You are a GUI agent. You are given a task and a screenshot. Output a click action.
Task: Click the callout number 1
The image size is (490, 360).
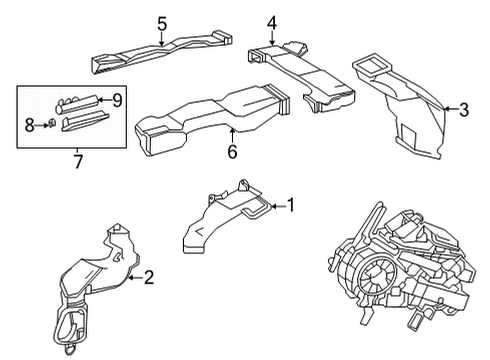point(291,205)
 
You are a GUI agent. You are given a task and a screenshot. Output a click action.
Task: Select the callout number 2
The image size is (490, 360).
point(148,277)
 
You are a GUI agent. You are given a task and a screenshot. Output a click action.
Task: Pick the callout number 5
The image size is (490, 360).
point(161,23)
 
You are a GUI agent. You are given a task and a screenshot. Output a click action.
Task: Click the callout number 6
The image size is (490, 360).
point(232,151)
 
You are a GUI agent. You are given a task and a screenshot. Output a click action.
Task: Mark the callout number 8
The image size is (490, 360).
point(29,124)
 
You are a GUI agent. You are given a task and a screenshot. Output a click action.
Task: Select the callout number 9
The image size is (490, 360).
point(116,100)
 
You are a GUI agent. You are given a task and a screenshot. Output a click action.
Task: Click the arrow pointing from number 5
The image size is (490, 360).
point(161,38)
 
